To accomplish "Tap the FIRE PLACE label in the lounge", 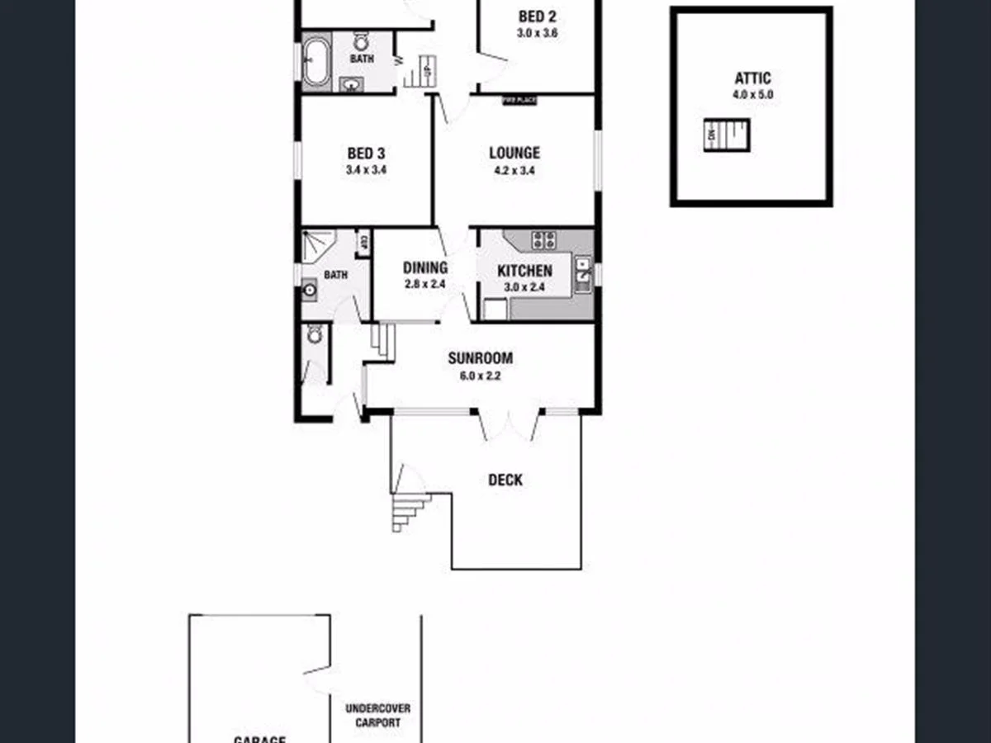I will (520, 100).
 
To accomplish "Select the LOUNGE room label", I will (514, 153).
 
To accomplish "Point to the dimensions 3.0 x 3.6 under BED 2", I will (538, 34).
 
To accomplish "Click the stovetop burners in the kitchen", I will (543, 240).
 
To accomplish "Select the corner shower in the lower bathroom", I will (316, 245).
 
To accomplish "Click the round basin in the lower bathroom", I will (310, 290).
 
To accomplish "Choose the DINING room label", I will (425, 267).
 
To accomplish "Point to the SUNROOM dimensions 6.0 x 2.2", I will (480, 376).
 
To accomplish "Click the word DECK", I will (505, 480).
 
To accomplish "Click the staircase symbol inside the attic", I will (727, 135).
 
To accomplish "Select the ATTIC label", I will (752, 79).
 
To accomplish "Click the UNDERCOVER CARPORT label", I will (377, 715).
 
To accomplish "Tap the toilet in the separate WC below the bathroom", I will (315, 334).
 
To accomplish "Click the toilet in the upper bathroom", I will (361, 41).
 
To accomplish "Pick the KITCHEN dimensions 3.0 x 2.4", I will (524, 287).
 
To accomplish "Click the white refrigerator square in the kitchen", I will (495, 309).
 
